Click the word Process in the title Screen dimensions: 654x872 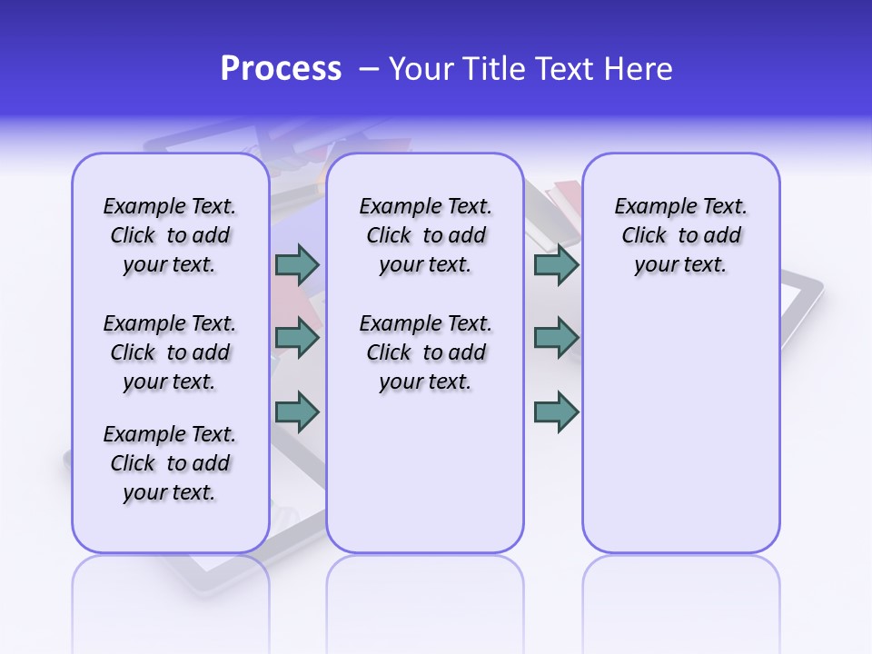click(x=281, y=69)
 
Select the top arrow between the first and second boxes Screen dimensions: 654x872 click(x=297, y=264)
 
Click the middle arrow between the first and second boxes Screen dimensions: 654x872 click(x=297, y=338)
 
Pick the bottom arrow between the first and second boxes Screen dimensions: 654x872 click(x=297, y=411)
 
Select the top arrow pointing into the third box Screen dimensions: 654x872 click(x=556, y=264)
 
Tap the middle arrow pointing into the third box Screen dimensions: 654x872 click(x=556, y=338)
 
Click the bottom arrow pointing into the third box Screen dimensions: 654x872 click(x=556, y=411)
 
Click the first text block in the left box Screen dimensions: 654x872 click(x=170, y=235)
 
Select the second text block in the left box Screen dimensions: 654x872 click(x=170, y=352)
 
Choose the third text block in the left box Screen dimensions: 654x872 click(x=170, y=463)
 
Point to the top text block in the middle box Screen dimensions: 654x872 click(x=425, y=235)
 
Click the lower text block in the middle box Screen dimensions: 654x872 click(x=425, y=352)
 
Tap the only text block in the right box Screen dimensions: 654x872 click(x=680, y=235)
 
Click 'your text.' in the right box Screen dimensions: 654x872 click(x=680, y=265)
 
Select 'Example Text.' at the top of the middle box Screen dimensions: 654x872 click(x=425, y=206)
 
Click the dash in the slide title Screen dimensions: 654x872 click(x=369, y=69)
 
